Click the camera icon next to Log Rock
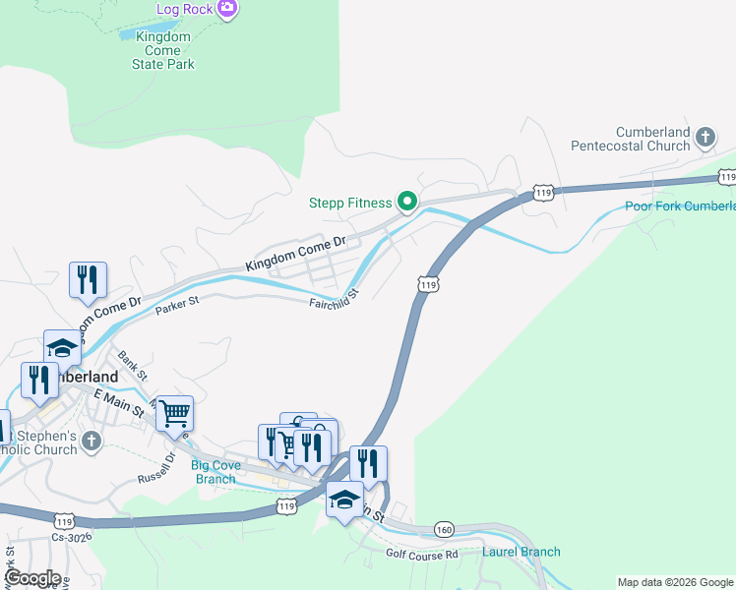(x=227, y=9)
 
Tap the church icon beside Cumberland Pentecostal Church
(x=705, y=138)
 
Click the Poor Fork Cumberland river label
(x=680, y=206)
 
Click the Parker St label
(x=177, y=306)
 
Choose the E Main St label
(x=119, y=399)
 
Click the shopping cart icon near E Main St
(x=174, y=413)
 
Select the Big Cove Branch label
(x=214, y=472)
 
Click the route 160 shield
(x=444, y=530)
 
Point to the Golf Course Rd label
(x=422, y=555)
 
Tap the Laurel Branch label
(x=521, y=552)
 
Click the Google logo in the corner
(x=31, y=578)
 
